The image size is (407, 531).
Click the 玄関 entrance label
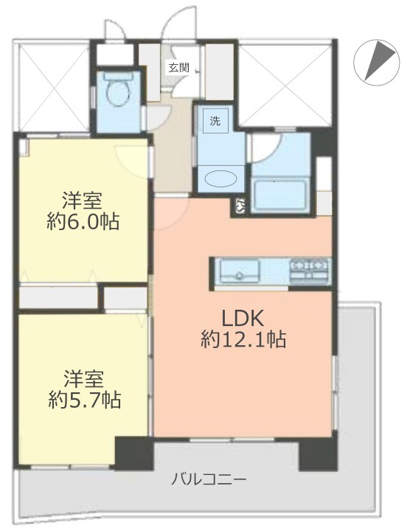point(178,68)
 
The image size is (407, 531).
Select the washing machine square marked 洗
point(215,121)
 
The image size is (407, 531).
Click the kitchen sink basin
point(240,271)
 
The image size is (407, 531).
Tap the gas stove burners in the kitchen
point(310,270)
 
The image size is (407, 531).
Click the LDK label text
point(242,319)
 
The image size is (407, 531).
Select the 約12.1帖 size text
point(243,339)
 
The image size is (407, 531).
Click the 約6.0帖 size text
point(83,222)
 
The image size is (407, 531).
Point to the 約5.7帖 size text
point(84,400)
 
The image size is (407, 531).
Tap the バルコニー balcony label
point(209,479)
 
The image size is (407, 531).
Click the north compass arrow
point(380,60)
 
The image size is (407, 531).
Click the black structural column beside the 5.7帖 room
point(134,454)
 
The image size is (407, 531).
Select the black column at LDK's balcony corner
point(318,454)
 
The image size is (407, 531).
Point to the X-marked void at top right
point(285,86)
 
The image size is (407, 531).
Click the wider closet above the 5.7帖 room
point(58,297)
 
